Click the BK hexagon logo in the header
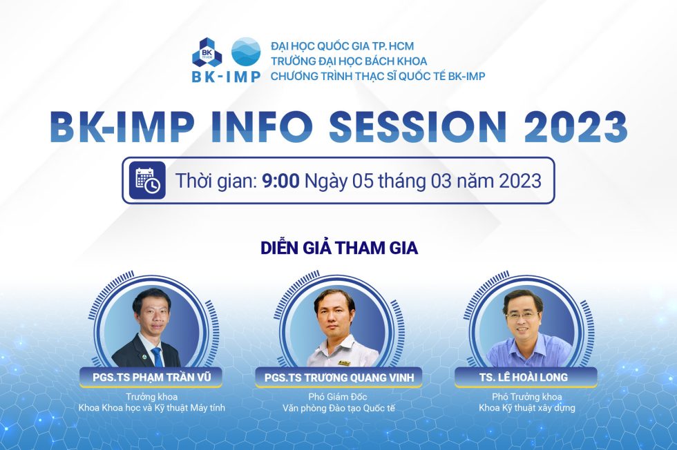click(207, 52)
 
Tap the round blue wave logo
click(245, 52)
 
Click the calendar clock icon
click(147, 180)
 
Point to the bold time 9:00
click(280, 181)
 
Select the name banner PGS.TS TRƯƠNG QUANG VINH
click(338, 378)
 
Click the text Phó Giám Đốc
click(338, 397)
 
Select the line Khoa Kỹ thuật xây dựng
click(527, 408)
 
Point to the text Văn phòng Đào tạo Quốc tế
click(338, 408)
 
